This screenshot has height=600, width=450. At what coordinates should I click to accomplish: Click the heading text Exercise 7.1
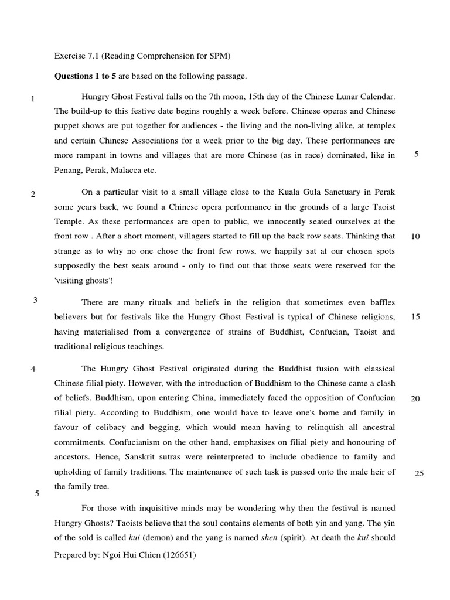(77, 56)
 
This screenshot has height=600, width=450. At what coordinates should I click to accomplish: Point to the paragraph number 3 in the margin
(35, 301)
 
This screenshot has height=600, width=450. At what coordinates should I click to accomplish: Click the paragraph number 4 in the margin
(33, 370)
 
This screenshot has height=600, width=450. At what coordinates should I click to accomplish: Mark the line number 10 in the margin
(415, 237)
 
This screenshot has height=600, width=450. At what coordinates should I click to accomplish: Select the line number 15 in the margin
(415, 317)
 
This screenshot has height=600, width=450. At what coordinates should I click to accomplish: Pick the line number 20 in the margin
(415, 398)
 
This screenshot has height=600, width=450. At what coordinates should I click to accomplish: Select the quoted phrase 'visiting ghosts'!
(84, 280)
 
